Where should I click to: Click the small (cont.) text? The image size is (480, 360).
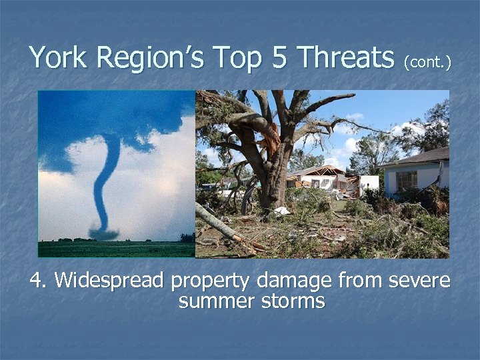point(427,62)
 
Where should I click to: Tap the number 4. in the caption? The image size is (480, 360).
point(39,281)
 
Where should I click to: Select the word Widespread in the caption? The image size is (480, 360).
point(109,281)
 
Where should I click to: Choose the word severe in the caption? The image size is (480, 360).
point(415,281)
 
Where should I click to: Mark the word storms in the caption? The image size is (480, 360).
point(286,301)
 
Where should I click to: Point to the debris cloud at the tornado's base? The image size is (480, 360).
point(104,234)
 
